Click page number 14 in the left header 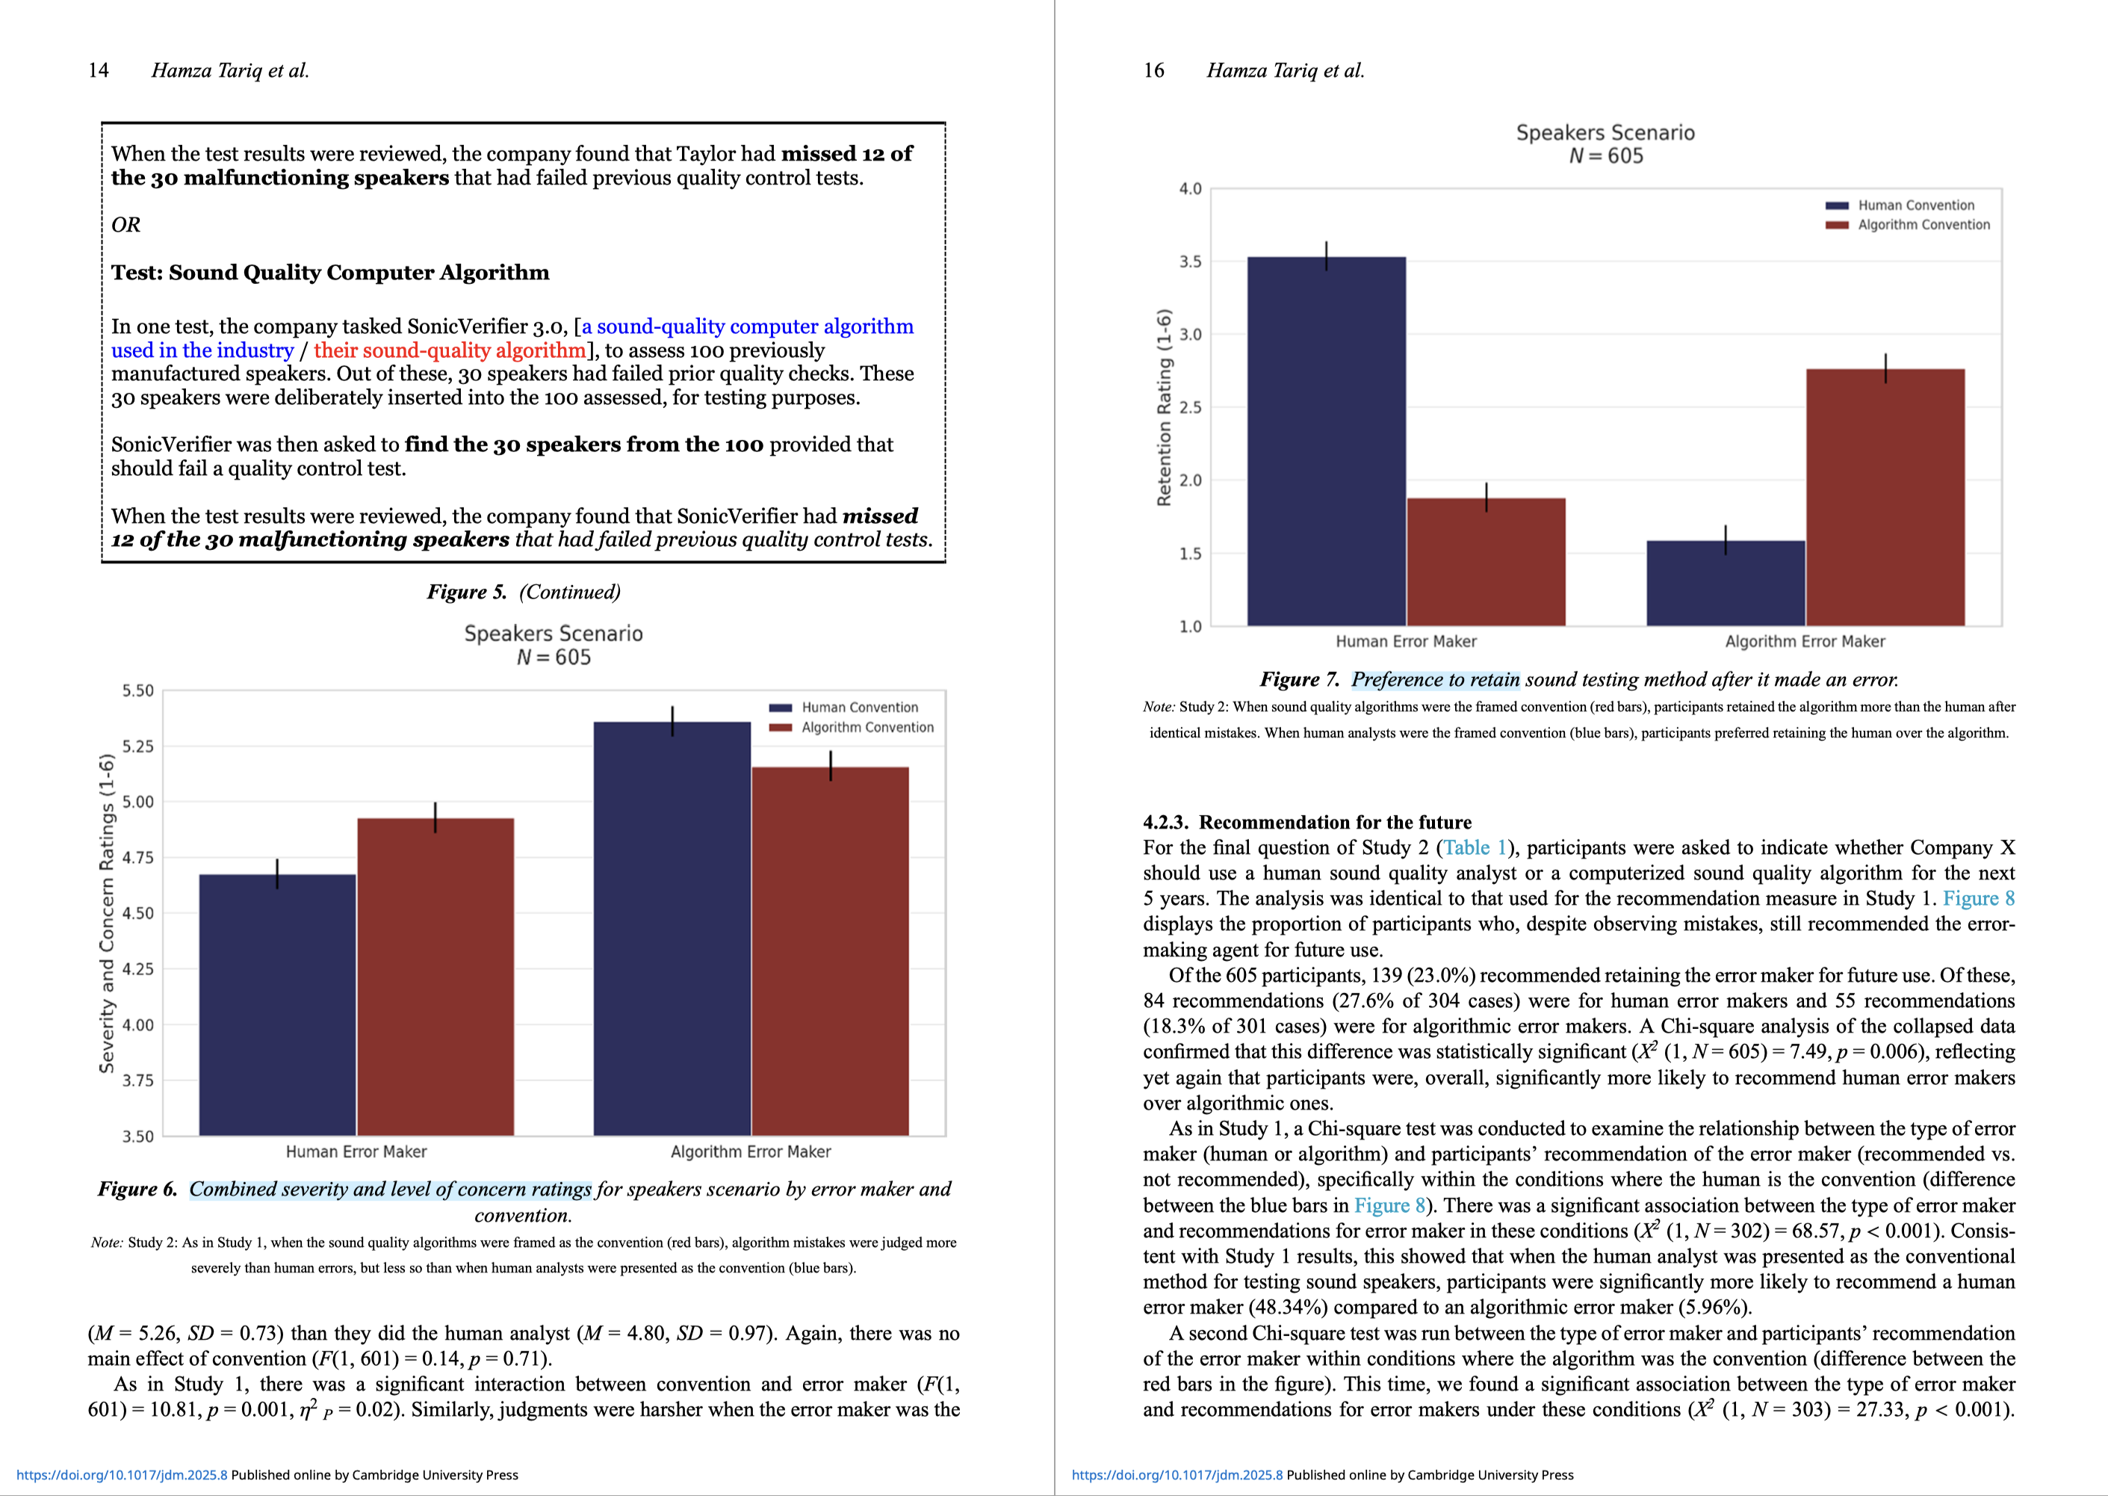pos(98,70)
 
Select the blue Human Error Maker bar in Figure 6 pos(277,1004)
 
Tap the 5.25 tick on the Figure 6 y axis pos(137,747)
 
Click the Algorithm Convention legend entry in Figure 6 pos(867,728)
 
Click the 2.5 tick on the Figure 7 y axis pos(1190,407)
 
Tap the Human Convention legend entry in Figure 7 pos(1915,205)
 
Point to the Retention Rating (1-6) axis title pos(1164,407)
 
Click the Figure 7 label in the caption pos(1298,680)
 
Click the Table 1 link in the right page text pos(1475,847)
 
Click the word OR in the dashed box pos(126,225)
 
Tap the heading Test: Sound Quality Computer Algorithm pos(329,273)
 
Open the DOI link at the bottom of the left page pos(122,1475)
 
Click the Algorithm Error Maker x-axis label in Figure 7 pos(1804,641)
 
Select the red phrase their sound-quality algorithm pos(450,350)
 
